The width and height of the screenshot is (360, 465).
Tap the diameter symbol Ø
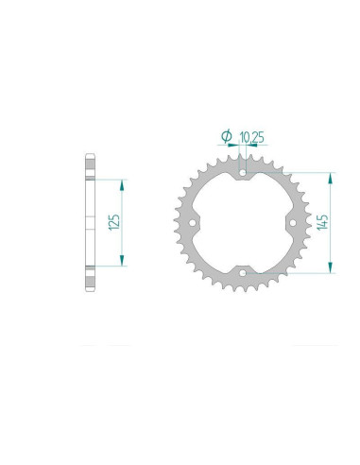click(x=227, y=137)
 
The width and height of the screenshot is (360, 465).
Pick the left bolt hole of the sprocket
click(x=194, y=224)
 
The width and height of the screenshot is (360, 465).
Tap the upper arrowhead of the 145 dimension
click(x=331, y=177)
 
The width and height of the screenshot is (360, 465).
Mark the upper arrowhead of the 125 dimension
click(x=123, y=181)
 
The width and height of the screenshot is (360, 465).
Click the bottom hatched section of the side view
click(x=91, y=277)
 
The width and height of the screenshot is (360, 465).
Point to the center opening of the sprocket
click(x=244, y=224)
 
